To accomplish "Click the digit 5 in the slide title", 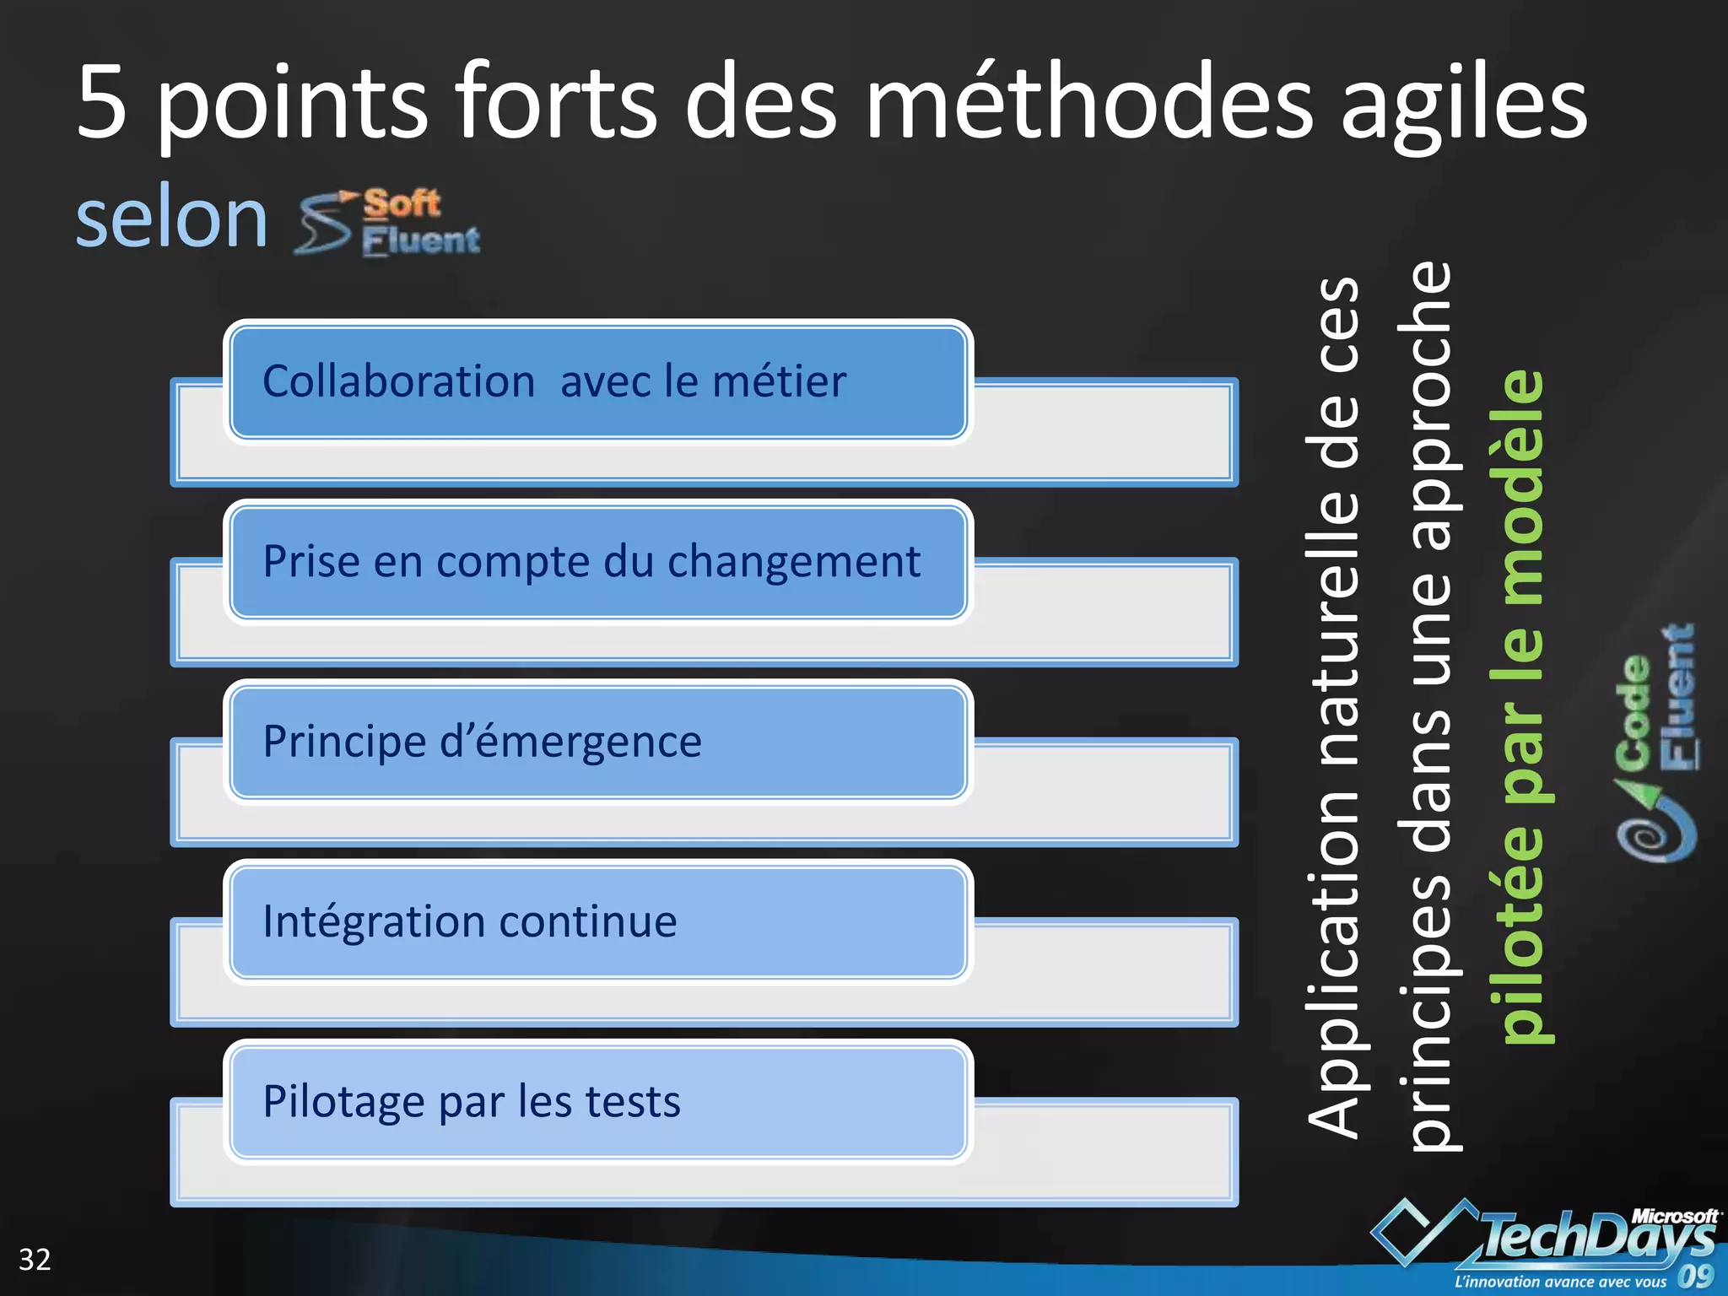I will [x=102, y=103].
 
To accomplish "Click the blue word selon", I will [x=172, y=219].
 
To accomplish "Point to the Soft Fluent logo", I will [x=389, y=222].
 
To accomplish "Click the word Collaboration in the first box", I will [x=398, y=381].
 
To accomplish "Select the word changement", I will [x=794, y=561].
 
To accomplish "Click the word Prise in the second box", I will [x=310, y=561].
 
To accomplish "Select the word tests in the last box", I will [x=633, y=1102].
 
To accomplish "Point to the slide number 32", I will [x=35, y=1260].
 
